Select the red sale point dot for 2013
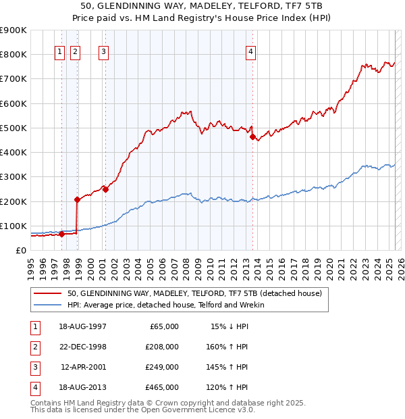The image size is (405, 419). click(252, 137)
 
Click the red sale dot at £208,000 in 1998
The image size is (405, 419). click(78, 199)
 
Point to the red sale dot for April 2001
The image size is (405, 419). click(105, 189)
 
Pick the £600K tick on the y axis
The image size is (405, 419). click(14, 103)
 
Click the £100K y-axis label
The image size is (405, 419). click(14, 226)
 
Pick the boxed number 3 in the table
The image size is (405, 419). click(34, 367)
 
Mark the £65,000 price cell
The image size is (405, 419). click(163, 326)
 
